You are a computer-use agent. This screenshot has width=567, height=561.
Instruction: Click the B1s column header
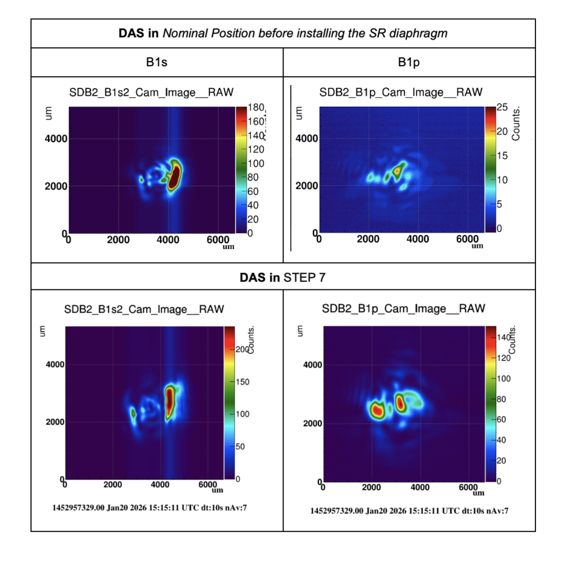(157, 63)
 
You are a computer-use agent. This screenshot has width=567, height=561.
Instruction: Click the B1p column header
(409, 63)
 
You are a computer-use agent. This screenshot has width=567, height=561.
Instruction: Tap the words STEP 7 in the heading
(304, 277)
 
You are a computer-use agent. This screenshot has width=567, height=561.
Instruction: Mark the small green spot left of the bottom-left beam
(133, 413)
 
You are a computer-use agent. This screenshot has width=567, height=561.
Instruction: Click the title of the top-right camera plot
(401, 93)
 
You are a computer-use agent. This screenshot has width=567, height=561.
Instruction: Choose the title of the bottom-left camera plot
(144, 309)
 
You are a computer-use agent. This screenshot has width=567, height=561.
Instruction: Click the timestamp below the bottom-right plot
(409, 510)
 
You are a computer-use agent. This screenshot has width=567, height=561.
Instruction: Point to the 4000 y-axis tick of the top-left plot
(56, 139)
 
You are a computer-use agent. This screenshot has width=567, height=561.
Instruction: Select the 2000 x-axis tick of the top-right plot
(368, 240)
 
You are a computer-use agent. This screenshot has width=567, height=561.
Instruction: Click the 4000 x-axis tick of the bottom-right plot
(420, 487)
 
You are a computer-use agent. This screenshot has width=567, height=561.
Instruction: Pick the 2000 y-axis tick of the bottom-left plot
(54, 422)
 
